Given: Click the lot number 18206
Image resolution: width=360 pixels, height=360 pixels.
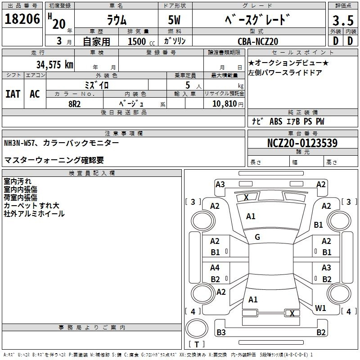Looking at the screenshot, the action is tap(22, 19).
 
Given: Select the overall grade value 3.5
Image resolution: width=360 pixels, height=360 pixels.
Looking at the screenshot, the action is tap(343, 20).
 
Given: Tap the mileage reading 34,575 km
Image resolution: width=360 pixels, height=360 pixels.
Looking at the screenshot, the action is tap(54, 64).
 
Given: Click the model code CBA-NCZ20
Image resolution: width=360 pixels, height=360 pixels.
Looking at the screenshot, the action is tap(258, 41).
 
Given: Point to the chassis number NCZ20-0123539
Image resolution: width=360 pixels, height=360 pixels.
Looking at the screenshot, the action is tap(302, 143).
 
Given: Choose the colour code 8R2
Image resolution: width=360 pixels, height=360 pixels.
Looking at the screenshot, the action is tap(74, 104).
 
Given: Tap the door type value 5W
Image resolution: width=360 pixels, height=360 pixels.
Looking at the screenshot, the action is tap(174, 20).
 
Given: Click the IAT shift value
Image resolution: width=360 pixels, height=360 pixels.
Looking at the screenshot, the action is tap(13, 94).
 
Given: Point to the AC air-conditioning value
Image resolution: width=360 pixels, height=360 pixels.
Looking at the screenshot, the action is tap(35, 94).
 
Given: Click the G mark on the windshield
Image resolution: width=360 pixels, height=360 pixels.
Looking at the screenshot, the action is tap(257, 237).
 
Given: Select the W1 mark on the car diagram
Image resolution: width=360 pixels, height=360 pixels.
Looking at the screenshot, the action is tap(320, 308).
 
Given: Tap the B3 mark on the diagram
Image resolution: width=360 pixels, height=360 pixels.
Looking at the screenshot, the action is tap(221, 332).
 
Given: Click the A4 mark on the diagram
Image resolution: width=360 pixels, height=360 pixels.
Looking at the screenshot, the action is tap(215, 268).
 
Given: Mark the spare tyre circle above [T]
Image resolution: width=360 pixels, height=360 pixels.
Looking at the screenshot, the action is tap(197, 328).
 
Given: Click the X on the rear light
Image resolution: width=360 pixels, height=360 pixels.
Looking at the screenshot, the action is tap(292, 313).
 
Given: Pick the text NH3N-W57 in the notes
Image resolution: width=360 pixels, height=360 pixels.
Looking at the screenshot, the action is tap(19, 143).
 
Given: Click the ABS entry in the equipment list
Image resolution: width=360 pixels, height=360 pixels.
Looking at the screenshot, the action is tap(276, 121).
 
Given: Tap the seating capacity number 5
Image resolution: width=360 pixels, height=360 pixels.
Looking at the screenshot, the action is tap(188, 85).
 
